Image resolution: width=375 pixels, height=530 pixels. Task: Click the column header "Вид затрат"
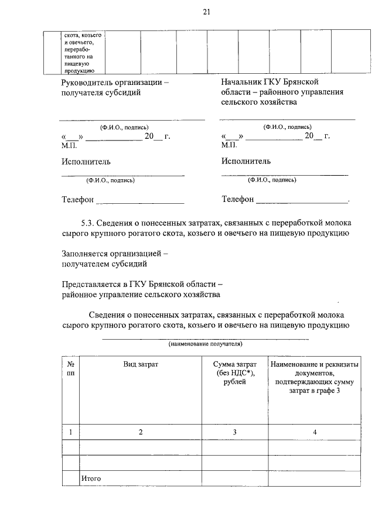141,364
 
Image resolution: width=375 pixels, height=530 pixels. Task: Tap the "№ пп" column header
70,368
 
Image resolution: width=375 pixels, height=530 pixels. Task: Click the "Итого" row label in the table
91,478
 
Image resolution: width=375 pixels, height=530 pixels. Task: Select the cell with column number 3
234,432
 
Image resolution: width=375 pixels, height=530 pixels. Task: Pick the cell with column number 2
141,432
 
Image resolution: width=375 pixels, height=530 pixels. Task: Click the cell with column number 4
314,432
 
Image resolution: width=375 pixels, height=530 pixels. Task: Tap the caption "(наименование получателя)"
206,344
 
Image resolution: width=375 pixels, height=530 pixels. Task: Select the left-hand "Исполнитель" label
86,162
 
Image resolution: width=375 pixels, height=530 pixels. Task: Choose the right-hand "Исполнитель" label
246,161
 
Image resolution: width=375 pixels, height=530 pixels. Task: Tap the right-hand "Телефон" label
237,200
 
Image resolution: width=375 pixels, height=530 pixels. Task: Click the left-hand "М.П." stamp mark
69,144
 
